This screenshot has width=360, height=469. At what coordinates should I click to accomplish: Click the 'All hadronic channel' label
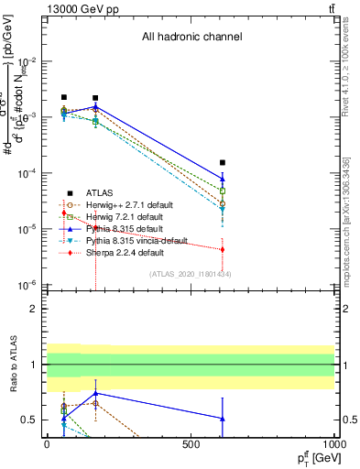coord(191,38)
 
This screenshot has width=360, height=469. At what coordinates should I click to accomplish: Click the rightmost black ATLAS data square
coord(223,162)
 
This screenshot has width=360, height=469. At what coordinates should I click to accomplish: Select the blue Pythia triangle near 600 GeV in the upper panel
coord(223,179)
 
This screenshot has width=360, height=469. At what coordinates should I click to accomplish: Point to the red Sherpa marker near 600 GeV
coord(223,249)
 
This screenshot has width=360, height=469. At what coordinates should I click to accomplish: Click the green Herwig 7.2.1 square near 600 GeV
coord(223,191)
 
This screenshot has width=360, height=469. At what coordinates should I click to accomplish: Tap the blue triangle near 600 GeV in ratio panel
coord(223,419)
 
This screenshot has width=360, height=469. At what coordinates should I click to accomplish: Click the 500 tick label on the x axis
coord(191,445)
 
